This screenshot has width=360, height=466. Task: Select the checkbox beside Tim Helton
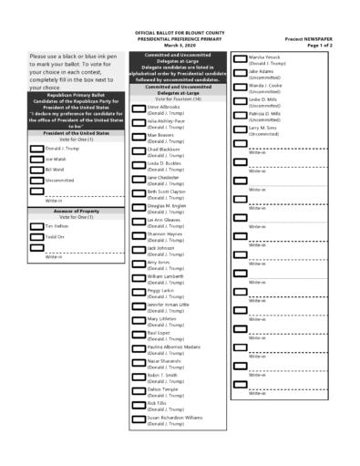(36, 225)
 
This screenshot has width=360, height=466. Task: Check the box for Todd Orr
(36, 236)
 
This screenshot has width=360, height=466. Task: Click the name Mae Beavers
(160, 135)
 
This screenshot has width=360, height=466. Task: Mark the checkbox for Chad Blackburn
(139, 151)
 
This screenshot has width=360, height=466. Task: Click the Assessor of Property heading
(76, 212)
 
